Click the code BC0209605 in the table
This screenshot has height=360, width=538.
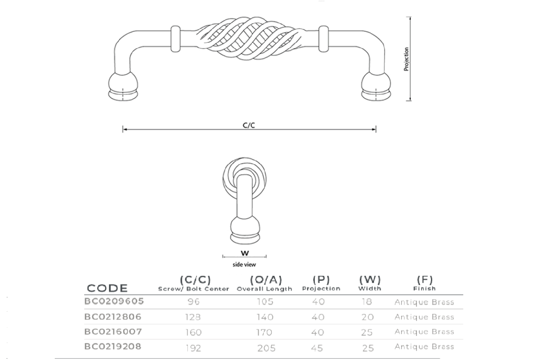[114, 301]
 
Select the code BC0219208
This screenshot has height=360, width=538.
[113, 346]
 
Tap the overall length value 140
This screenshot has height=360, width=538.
[265, 317]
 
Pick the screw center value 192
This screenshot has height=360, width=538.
[193, 348]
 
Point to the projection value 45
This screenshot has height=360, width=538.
[317, 348]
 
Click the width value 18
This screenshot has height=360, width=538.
[367, 302]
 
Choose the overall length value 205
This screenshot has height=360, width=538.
[266, 348]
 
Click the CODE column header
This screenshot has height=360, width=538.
[107, 288]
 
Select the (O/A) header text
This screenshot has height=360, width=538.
[266, 280]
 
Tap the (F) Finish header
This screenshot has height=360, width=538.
[425, 283]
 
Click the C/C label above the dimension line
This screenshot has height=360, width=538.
[248, 125]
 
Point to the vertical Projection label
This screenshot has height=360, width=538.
[406, 59]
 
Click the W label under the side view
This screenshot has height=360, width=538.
[245, 253]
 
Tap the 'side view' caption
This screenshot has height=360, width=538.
[244, 265]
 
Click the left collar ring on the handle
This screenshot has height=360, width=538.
[175, 39]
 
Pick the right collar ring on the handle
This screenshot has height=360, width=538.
[324, 39]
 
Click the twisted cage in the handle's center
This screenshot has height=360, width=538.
[250, 38]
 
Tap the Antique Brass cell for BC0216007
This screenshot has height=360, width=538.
[424, 332]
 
